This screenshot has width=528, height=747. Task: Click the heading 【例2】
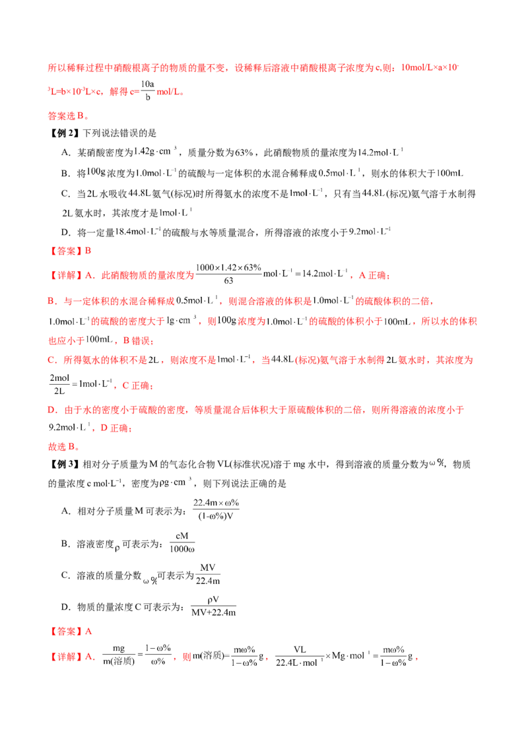pos(64,133)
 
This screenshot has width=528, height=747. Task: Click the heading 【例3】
pos(64,464)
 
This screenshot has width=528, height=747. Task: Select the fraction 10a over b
pos(148,90)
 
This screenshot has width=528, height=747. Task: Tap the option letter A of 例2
pos(66,152)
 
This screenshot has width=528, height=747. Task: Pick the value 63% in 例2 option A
pos(244,152)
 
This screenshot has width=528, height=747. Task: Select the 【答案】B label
pos(69,251)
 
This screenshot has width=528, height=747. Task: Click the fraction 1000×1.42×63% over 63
pos(228,274)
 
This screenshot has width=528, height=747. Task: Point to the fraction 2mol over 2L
pos(59,385)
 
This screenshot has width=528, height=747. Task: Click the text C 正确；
pos(138,385)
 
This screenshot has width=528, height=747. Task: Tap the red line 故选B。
pos(64,446)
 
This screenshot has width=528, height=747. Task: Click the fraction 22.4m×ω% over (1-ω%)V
pos(216,509)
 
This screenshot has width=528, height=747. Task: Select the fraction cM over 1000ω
pos(182,542)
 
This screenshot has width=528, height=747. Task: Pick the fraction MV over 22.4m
pos(208,574)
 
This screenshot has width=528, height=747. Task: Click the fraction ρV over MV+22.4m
pos(213,606)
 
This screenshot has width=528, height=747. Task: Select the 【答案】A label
pos(70,632)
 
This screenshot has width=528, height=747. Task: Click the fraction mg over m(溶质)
pos(119,655)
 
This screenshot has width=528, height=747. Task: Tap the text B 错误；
pos(139,340)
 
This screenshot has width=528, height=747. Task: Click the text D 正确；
pos(116,428)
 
